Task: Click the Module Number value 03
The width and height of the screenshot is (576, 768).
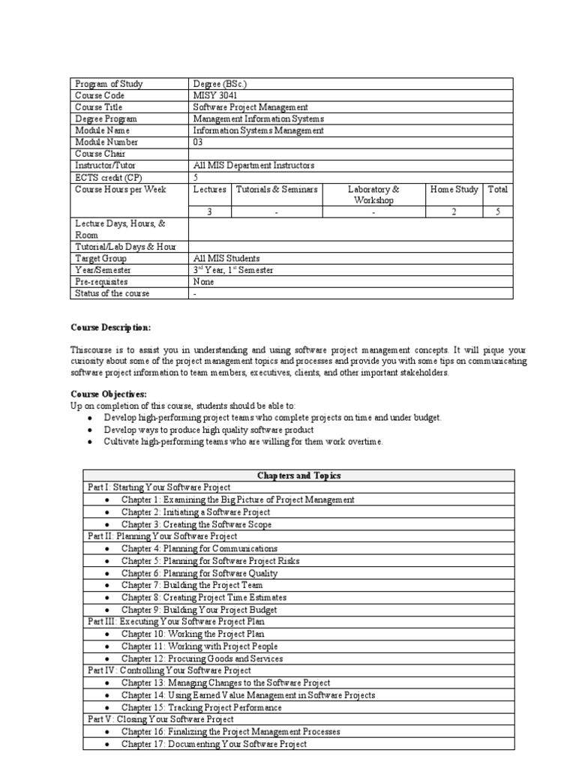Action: point(198,142)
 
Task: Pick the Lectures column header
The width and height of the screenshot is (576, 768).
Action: point(209,190)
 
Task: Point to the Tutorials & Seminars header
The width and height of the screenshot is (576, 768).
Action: point(277,190)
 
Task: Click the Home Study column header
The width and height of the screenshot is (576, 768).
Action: point(454,190)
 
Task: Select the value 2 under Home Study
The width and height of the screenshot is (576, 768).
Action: point(454,212)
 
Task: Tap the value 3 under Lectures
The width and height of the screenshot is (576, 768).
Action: point(209,212)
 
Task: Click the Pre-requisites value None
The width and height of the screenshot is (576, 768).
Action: point(203,281)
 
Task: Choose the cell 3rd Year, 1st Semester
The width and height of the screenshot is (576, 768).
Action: point(233,270)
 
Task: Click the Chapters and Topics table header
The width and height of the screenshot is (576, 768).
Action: point(298,475)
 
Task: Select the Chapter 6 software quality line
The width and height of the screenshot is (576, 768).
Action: point(199,573)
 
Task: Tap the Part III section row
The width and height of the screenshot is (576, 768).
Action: point(176,622)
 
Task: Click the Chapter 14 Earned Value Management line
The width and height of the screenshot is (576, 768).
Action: point(248,695)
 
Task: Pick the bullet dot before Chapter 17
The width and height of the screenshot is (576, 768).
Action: point(108,744)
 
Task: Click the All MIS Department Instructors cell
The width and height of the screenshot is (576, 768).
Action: point(253,165)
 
